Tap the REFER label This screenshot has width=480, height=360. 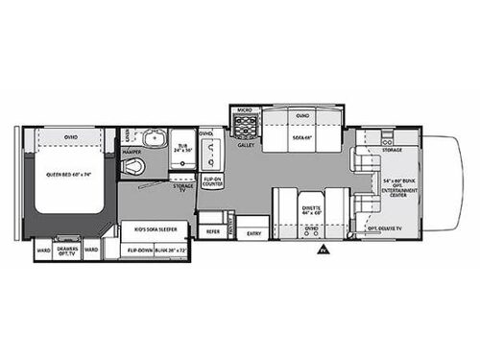pyautogui.click(x=214, y=232)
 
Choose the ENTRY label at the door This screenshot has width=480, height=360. pyautogui.click(x=253, y=232)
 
